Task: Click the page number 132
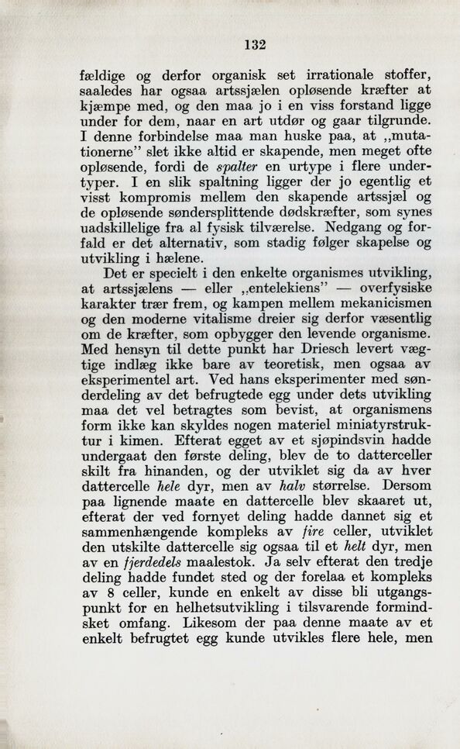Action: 255,44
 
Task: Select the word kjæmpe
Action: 105,105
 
